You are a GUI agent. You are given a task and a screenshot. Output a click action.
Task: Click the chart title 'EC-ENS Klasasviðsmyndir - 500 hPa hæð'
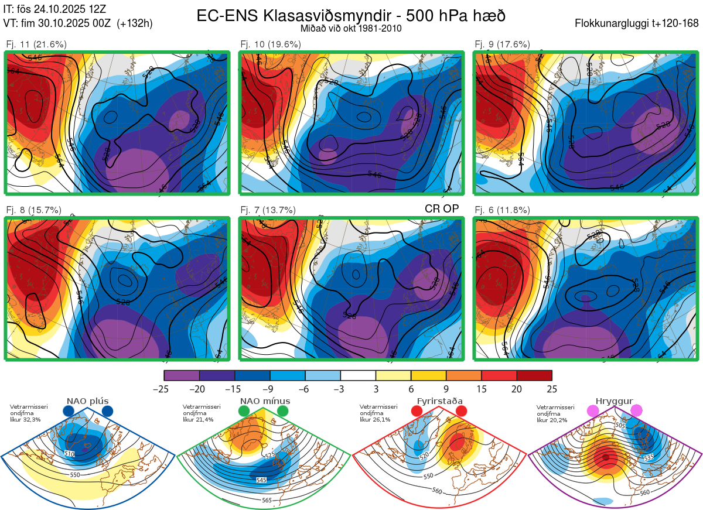pos(351,16)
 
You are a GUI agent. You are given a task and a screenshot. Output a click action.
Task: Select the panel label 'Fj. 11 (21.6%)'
pos(36,45)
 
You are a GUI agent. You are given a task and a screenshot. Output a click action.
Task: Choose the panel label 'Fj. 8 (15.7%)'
pos(33,210)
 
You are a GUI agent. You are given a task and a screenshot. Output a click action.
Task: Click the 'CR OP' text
pos(442,208)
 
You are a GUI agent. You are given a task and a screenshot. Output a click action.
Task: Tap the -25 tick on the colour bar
pos(164,389)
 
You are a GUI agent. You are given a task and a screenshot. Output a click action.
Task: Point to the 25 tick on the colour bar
pos(552,389)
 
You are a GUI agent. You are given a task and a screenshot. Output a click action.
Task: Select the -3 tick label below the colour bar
pos(340,389)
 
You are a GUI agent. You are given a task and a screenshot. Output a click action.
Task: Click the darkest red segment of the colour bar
pos(534,375)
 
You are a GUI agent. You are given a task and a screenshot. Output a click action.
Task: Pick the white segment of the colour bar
pos(358,375)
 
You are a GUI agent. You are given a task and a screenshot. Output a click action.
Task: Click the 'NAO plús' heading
pos(87,401)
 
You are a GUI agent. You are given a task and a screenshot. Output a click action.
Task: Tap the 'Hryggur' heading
pos(612,401)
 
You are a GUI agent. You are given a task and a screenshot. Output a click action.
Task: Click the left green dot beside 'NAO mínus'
pos(244,412)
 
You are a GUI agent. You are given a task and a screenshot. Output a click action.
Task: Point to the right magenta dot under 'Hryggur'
pos(636,412)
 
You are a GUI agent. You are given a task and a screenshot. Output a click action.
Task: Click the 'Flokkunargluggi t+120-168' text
pos(637,24)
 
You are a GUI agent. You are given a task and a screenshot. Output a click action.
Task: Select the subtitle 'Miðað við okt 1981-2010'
pos(351,28)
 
